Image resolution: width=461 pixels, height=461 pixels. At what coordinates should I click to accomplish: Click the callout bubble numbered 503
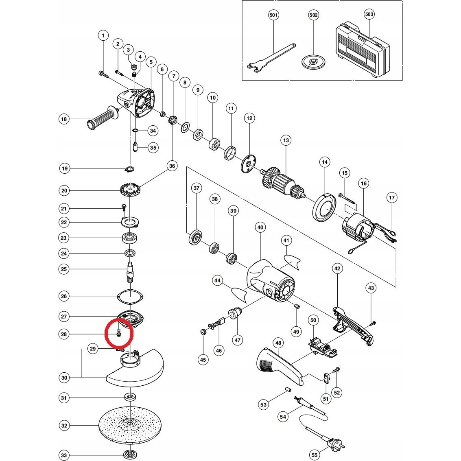[x=369, y=14]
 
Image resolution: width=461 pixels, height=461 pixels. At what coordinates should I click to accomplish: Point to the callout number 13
[x=286, y=140]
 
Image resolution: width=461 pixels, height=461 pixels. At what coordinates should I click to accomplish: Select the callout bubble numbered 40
[x=260, y=227]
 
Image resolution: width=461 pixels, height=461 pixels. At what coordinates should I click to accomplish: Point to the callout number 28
[x=64, y=334]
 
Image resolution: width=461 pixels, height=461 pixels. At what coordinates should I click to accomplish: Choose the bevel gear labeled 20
[x=130, y=190]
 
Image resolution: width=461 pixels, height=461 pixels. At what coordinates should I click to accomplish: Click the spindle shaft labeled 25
[x=130, y=272]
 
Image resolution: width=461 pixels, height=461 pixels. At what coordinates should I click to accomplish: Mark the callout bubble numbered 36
[x=172, y=166]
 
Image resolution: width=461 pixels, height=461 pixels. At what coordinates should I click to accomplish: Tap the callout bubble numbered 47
[x=237, y=340]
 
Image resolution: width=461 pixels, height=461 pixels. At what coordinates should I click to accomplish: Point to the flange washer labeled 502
[x=314, y=61]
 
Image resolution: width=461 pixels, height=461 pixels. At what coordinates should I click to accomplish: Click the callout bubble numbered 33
[x=64, y=455]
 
